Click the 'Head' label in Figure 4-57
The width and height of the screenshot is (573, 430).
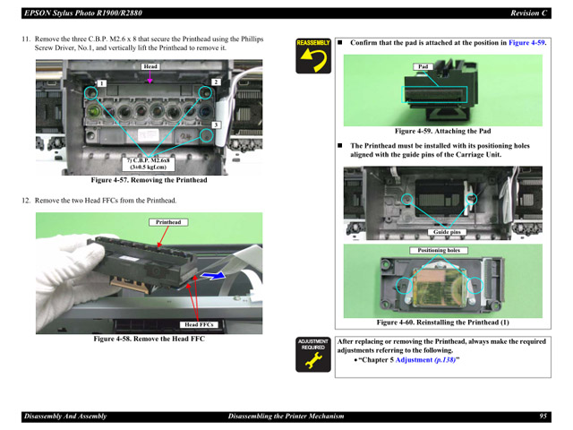(150, 67)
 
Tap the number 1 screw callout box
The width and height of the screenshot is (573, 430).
(103, 83)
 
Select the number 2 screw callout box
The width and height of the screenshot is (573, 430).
(216, 82)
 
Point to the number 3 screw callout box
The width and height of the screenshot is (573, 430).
(216, 125)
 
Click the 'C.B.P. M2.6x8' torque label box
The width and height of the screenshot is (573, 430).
(148, 163)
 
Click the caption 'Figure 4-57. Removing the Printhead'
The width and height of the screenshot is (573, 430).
(149, 180)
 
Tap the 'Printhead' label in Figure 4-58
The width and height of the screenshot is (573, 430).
(168, 222)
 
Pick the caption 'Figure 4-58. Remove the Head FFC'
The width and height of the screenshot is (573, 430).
(150, 339)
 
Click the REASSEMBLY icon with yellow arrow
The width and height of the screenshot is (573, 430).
(313, 55)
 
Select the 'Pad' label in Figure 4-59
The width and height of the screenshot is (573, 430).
(423, 67)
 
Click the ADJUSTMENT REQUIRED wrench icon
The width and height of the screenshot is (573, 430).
(313, 355)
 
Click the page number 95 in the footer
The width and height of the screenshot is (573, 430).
(543, 417)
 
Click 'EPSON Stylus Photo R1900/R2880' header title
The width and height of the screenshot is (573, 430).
(75, 13)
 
